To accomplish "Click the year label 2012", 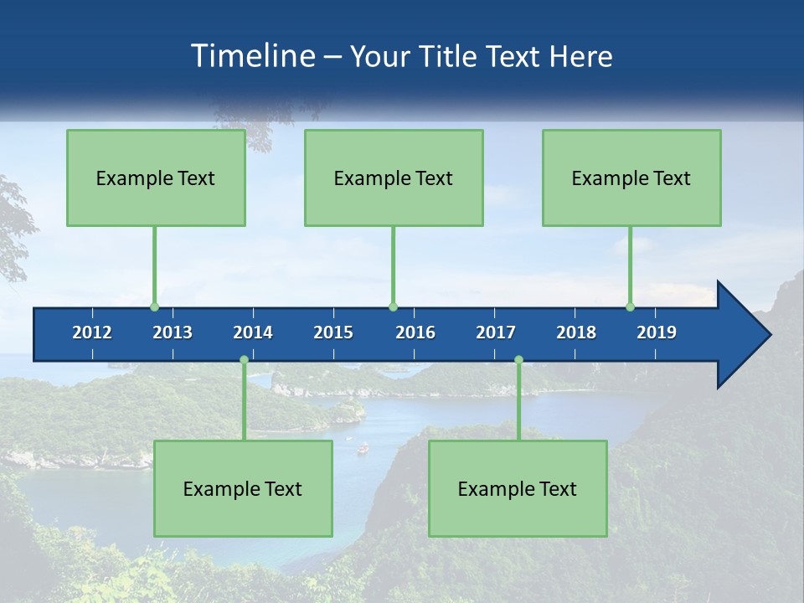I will [92, 332].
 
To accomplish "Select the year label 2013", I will [173, 332].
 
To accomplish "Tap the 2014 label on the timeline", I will [253, 332].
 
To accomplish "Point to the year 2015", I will [333, 332].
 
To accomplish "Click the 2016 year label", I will [415, 332].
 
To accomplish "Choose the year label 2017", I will [496, 332].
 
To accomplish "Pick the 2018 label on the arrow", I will [576, 332].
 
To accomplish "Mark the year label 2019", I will [657, 332].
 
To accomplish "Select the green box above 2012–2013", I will [156, 178].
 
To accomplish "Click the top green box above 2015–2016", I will [394, 178].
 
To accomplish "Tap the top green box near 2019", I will [631, 178].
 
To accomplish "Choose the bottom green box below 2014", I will [243, 488].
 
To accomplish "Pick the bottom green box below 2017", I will [518, 488].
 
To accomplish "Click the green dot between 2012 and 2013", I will [154, 307].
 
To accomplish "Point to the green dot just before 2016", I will [393, 307].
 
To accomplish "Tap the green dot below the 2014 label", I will [244, 360].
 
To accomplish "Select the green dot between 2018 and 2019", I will [630, 307].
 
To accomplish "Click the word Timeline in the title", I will [253, 56].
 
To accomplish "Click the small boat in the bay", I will [363, 449].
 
